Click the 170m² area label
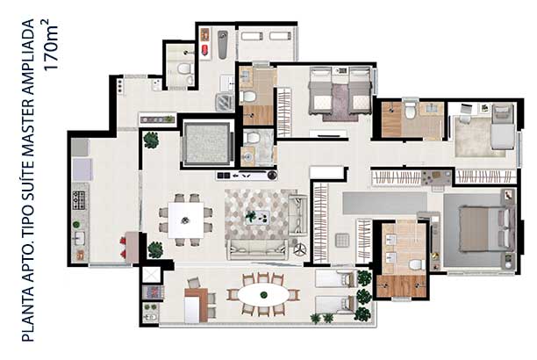52,45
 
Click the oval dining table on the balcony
263,295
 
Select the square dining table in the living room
186,220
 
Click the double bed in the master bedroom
483,228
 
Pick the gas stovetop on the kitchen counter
79,200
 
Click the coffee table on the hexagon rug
257,218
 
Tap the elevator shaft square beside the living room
207,144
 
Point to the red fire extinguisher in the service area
204,50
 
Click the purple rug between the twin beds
340,103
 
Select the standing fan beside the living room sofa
300,249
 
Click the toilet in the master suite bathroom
416,264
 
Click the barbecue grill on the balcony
153,292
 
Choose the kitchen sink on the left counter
79,238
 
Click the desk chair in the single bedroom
464,113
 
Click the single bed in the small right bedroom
503,127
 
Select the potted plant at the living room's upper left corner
152,140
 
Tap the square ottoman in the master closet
342,240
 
